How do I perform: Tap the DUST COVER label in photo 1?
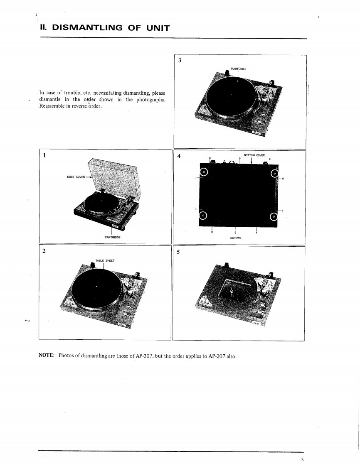click(x=75, y=177)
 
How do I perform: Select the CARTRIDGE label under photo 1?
click(x=111, y=237)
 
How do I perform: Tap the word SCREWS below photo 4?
click(x=236, y=238)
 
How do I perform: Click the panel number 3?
click(x=179, y=61)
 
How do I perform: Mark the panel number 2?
click(x=44, y=252)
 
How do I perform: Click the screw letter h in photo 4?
click(x=212, y=232)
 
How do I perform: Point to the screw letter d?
click(x=283, y=179)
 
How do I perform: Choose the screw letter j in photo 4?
click(x=195, y=177)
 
